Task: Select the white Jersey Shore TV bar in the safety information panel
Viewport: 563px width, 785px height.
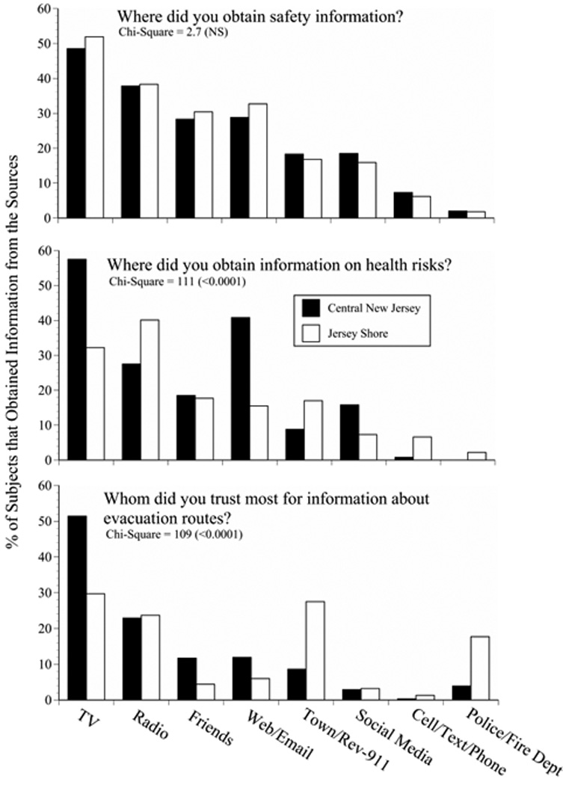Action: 94,127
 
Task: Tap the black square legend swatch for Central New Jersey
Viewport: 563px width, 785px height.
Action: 310,308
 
